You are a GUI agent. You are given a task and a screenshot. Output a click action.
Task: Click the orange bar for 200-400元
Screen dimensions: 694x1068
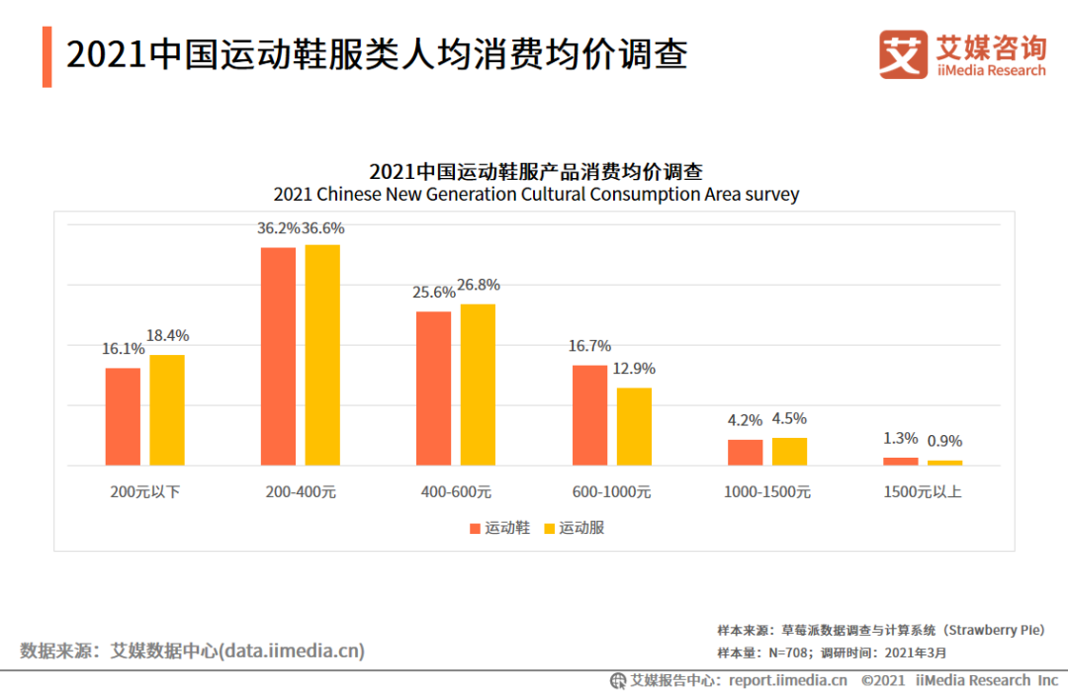[x=278, y=356]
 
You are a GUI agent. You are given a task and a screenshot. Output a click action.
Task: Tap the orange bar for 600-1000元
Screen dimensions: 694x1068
[x=589, y=415]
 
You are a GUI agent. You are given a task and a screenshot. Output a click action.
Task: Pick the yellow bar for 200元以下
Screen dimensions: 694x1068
[x=167, y=409]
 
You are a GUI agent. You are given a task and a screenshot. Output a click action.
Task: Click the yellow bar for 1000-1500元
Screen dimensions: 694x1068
[x=789, y=451]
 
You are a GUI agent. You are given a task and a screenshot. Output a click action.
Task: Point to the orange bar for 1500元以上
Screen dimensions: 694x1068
[x=900, y=461]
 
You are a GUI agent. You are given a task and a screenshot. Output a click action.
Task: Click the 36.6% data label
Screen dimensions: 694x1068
[x=323, y=228]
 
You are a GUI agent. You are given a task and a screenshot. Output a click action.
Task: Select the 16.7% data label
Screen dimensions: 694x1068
[x=589, y=346]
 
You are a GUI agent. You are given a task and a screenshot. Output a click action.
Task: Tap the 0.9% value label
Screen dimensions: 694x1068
[x=944, y=441]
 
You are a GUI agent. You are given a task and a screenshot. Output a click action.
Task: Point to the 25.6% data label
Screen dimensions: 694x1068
[x=434, y=293]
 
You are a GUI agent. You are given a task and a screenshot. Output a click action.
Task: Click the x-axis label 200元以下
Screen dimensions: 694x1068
[x=145, y=491]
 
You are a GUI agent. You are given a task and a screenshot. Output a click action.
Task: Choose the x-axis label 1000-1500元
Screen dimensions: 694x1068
[x=767, y=491]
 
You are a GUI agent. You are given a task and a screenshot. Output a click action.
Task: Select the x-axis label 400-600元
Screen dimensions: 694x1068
[x=456, y=491]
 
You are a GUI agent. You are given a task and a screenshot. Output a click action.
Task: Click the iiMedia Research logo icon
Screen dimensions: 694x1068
[x=903, y=54]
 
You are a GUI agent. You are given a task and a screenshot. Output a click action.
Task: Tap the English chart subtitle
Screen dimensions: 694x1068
[x=536, y=194]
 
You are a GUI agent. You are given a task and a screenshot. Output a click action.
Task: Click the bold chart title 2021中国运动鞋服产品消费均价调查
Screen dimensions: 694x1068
[x=536, y=170]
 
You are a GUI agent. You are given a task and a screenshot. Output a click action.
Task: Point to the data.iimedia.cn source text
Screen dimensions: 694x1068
[x=292, y=651]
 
